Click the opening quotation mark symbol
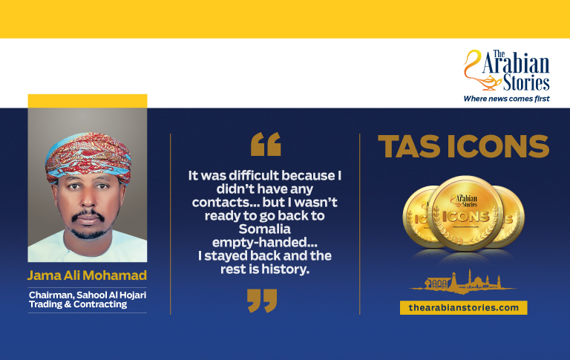(266, 144)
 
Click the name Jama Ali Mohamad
(86, 276)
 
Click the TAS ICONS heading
(463, 147)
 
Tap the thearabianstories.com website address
(463, 307)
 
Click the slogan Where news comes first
(506, 98)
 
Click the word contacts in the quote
(220, 202)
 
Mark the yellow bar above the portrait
(87, 101)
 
